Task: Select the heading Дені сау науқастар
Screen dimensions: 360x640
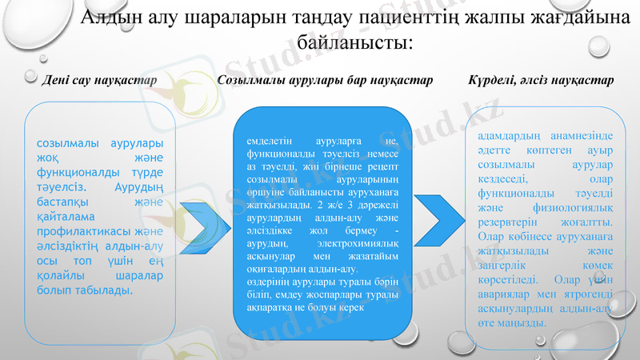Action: [x=99, y=81]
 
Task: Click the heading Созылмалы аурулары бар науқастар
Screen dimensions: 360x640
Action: [x=325, y=81]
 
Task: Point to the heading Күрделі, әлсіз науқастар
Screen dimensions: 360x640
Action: [x=540, y=81]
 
